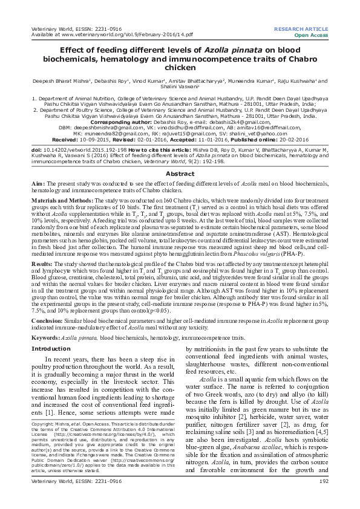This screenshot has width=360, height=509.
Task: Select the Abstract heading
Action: pos(180,173)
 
